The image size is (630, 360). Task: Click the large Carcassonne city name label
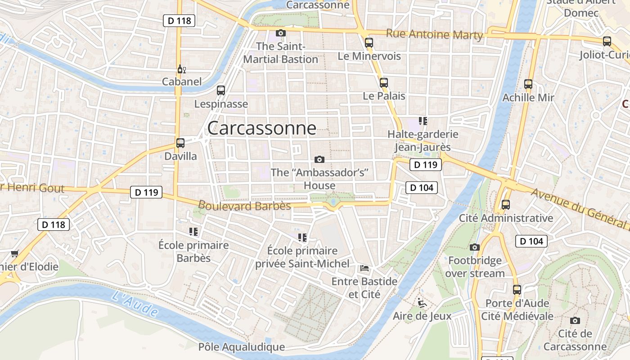coord(261,128)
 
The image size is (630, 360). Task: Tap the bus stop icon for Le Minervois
coord(369,43)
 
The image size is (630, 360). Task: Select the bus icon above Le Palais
coord(383,83)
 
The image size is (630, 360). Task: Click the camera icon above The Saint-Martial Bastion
coord(281,33)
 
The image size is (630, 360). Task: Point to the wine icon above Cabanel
coord(181,69)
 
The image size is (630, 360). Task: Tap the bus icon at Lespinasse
coord(220,90)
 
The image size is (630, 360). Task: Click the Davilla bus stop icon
coord(180,143)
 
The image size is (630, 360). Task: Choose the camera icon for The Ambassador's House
coord(319,159)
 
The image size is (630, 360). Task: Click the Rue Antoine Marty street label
coord(434,35)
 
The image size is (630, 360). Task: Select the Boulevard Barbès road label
coord(244,206)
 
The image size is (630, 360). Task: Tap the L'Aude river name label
coord(135,304)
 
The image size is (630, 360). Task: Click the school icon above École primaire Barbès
coord(193,232)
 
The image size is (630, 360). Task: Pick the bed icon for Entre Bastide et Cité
coord(364,268)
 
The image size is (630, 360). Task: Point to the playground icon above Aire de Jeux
coord(422,302)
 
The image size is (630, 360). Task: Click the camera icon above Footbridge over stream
coord(474,247)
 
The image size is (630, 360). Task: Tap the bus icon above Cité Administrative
coord(506,205)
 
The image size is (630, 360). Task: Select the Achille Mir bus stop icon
coord(528,84)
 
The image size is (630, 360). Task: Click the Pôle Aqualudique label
coord(242,347)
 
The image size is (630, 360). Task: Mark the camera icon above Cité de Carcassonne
coord(575,320)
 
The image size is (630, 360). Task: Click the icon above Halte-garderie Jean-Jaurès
coord(423,121)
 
